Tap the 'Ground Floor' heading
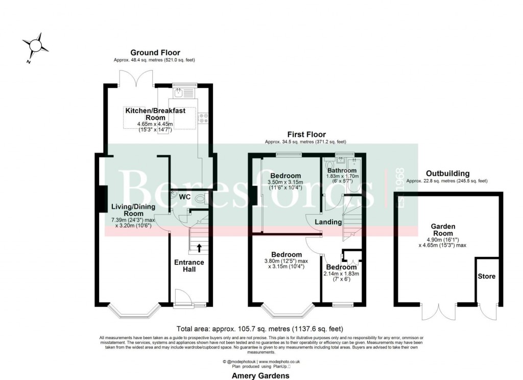coord(155,53)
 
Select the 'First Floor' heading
coord(306,135)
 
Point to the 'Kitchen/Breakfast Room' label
coord(155,114)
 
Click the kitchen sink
coord(179,93)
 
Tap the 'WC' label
coord(185,196)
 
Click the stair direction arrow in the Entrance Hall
coord(199,249)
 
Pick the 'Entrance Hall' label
coord(189,266)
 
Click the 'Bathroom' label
coord(342,171)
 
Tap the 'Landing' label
coord(328,222)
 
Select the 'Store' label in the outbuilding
coord(486,276)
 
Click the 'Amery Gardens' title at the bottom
coord(261,375)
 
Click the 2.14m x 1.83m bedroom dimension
coord(342,273)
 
